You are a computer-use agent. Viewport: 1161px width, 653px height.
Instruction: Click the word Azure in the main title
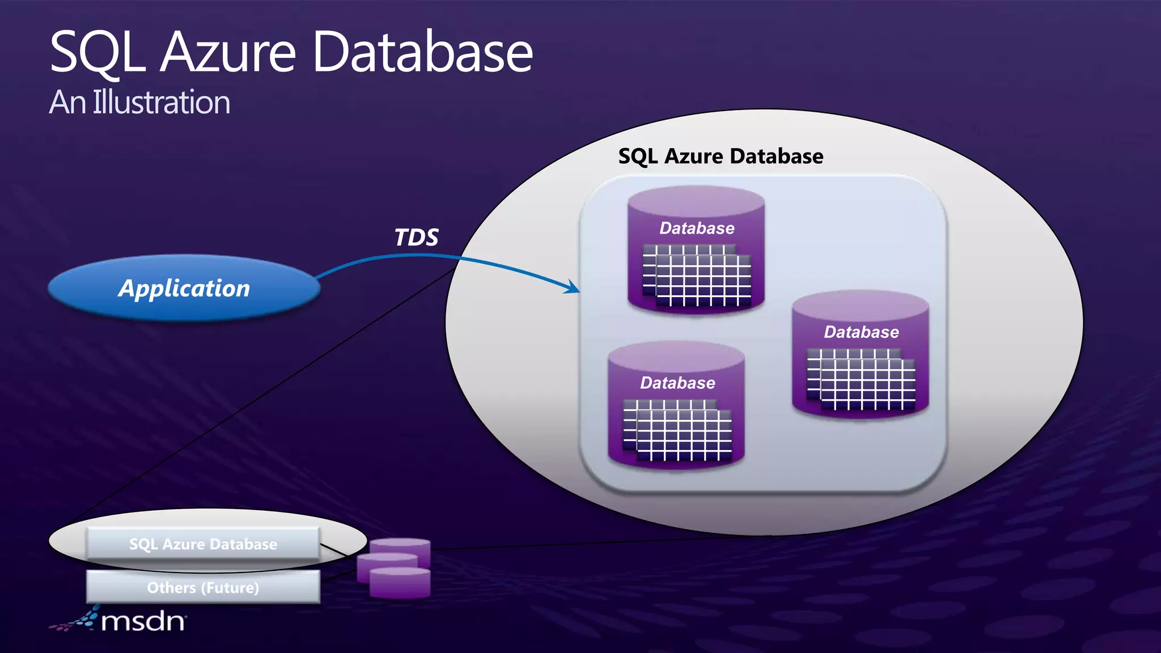pos(228,52)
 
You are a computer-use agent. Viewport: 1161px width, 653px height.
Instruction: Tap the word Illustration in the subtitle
pos(162,103)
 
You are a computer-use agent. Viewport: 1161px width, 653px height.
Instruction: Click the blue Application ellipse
pos(184,288)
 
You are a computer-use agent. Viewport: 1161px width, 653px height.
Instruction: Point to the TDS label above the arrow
pos(416,238)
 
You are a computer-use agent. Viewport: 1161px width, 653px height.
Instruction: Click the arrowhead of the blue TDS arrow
pos(574,288)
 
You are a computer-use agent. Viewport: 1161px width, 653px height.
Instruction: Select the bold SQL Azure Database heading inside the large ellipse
pos(720,156)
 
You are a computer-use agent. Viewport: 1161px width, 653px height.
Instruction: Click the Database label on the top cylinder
pos(697,228)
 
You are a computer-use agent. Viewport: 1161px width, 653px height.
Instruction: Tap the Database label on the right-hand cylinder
pos(861,332)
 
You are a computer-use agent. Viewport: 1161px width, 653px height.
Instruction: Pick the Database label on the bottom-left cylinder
pos(677,383)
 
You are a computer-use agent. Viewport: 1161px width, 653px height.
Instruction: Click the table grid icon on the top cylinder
pos(697,275)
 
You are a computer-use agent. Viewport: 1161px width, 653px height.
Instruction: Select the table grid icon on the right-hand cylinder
pos(861,379)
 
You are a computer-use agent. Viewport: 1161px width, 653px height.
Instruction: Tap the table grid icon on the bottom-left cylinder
pos(677,430)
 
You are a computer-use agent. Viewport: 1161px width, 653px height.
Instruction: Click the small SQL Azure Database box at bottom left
pos(203,544)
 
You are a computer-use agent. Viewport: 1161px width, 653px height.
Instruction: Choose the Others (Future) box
pos(203,587)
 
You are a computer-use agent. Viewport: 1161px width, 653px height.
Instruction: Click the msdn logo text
pos(143,622)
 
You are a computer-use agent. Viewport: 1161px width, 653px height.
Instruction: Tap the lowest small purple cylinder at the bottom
pos(400,584)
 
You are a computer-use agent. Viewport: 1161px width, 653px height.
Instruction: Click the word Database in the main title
pos(422,52)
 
